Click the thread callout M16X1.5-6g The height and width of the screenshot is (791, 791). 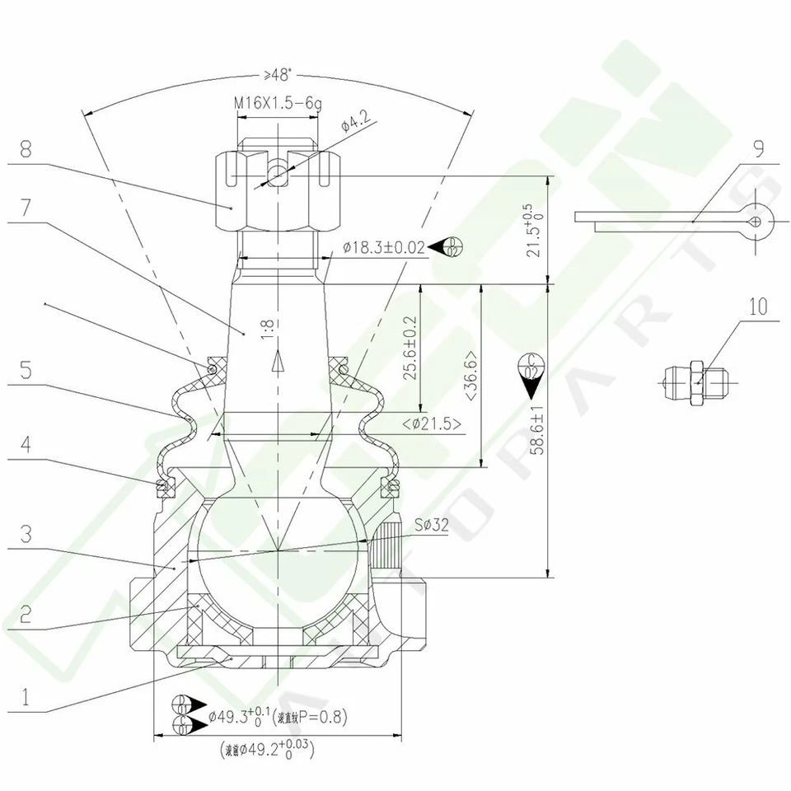(277, 103)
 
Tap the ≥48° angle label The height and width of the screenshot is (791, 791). (278, 75)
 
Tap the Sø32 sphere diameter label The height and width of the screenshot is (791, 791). (432, 523)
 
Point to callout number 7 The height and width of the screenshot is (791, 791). (26, 208)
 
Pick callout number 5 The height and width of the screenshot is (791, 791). (26, 370)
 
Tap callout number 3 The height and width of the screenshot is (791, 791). (26, 533)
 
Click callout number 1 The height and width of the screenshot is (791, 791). (26, 698)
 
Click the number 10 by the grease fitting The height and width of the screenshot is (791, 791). (758, 307)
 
